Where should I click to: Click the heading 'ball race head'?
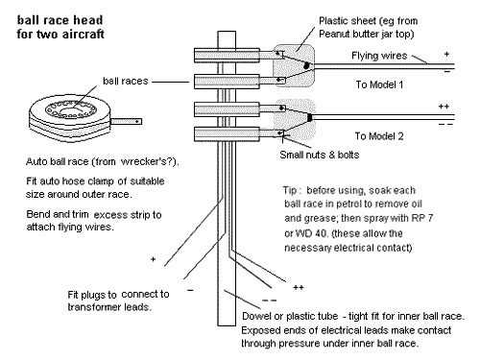pyautogui.click(x=60, y=20)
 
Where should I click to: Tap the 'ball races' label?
pyautogui.click(x=126, y=81)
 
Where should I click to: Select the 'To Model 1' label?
pyautogui.click(x=379, y=84)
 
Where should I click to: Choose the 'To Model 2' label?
pyautogui.click(x=379, y=136)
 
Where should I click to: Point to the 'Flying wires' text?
pyautogui.click(x=379, y=56)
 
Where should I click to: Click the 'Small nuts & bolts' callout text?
pyautogui.click(x=320, y=155)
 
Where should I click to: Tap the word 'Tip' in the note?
pyautogui.click(x=290, y=190)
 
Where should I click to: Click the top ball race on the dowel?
pyautogui.click(x=227, y=56)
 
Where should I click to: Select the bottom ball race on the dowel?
pyautogui.click(x=227, y=134)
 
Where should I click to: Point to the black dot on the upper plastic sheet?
pyautogui.click(x=306, y=65)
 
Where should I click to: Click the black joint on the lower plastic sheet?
pyautogui.click(x=309, y=117)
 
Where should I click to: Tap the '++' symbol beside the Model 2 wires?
pyautogui.click(x=444, y=107)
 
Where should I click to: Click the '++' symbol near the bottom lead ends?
pyautogui.click(x=299, y=287)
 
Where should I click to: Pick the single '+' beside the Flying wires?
pyautogui.click(x=446, y=54)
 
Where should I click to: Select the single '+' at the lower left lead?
pyautogui.click(x=153, y=259)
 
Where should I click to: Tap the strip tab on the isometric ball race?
pyautogui.click(x=126, y=121)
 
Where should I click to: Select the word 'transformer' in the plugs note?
pyautogui.click(x=94, y=307)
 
